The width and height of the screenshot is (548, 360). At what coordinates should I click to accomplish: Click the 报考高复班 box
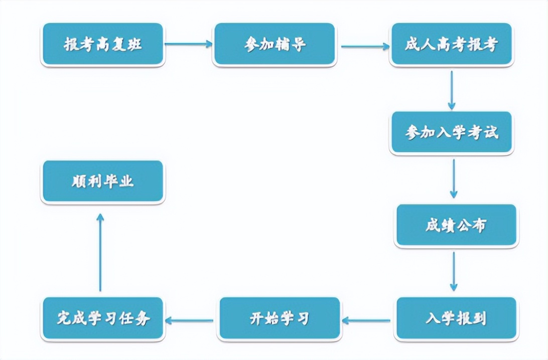[103, 44]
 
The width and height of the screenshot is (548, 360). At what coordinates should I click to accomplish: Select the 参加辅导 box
[274, 44]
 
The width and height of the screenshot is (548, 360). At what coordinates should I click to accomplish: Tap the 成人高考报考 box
[452, 44]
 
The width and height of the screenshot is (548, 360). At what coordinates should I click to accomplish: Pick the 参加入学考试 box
[452, 132]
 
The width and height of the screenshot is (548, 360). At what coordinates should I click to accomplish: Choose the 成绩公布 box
[456, 225]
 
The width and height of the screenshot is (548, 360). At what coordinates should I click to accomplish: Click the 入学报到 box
[456, 318]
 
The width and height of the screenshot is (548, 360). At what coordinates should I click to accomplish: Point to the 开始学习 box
[280, 318]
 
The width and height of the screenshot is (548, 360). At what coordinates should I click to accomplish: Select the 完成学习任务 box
[103, 318]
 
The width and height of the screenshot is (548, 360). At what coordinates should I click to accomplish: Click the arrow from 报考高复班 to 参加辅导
[189, 44]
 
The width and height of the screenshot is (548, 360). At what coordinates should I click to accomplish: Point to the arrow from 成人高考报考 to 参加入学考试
[452, 90]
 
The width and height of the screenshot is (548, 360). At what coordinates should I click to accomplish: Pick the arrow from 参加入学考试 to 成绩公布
[454, 178]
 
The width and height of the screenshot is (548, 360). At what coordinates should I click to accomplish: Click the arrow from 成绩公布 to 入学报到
[454, 271]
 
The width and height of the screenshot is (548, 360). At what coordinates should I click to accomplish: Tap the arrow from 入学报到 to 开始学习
[368, 320]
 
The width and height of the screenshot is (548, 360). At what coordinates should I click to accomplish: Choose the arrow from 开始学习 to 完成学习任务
[191, 320]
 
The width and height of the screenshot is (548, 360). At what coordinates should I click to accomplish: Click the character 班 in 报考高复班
[134, 44]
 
